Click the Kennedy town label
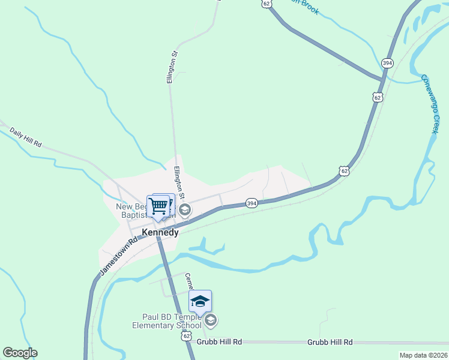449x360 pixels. coord(160,232)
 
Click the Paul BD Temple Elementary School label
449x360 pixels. coord(167,321)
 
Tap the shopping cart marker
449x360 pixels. coord(158,206)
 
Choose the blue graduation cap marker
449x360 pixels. coord(200,301)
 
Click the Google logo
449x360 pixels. coord(20,353)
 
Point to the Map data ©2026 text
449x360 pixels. coord(423,355)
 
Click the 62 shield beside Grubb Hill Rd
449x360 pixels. coord(187,337)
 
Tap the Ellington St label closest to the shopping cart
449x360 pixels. coord(179,184)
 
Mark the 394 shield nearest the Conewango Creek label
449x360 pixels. coord(387,62)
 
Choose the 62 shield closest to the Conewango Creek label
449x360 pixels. coord(377,97)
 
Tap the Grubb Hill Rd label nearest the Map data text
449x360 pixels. coord(330,341)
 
